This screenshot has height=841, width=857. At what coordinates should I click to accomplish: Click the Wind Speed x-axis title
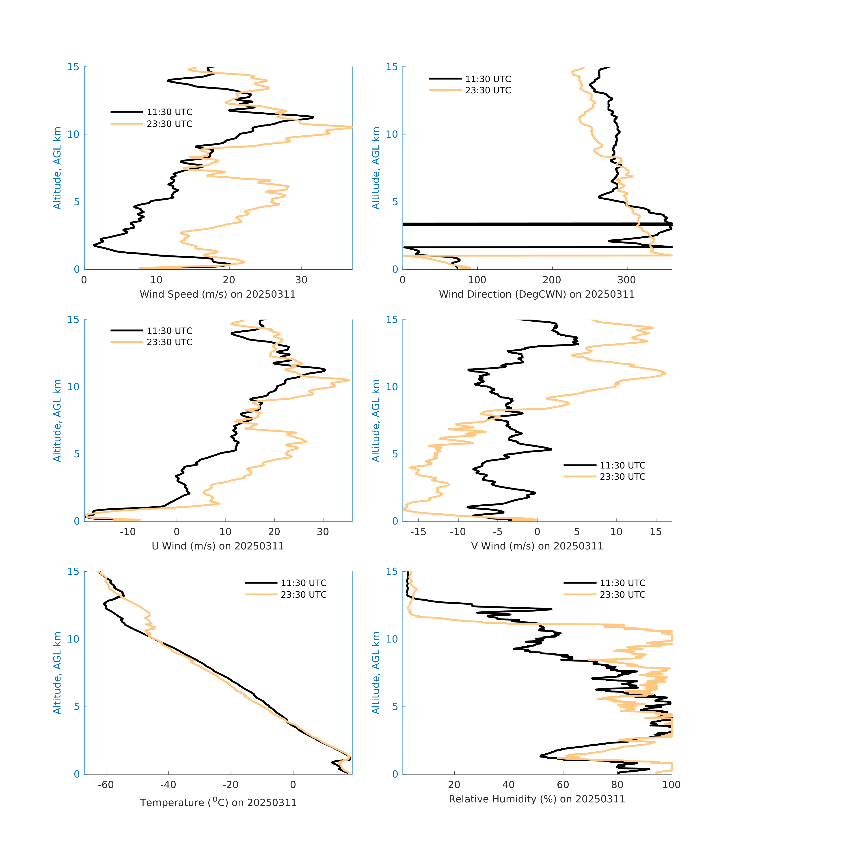coord(218,294)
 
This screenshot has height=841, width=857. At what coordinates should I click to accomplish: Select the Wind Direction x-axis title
coord(537,294)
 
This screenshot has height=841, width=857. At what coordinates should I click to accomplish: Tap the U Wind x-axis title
coord(218,546)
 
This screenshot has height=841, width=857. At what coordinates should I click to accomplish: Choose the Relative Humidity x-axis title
coord(537,799)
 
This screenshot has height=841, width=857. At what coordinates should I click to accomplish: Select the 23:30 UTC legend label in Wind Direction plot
coord(488,90)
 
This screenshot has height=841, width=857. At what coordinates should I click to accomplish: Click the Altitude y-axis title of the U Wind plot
coord(57,420)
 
